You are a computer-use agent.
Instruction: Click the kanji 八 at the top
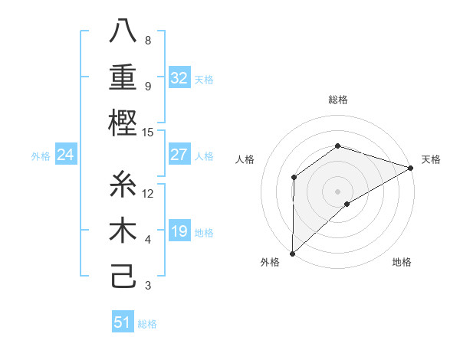(x=123, y=31)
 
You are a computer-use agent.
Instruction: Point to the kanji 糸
(x=123, y=185)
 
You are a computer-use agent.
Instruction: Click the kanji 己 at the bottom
(x=123, y=275)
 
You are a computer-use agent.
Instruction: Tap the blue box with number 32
(x=179, y=78)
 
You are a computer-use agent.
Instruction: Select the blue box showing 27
(x=179, y=155)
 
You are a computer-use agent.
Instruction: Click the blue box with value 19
(x=179, y=231)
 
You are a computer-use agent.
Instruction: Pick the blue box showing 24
(x=66, y=155)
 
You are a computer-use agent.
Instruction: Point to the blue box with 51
(x=123, y=322)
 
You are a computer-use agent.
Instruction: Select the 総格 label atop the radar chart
(x=337, y=100)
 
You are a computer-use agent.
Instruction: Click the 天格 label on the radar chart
(x=431, y=159)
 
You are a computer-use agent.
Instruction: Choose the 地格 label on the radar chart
(x=402, y=263)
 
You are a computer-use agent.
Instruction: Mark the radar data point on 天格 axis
(x=411, y=168)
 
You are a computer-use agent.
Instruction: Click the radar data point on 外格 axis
(x=292, y=253)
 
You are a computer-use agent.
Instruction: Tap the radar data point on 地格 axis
(x=347, y=204)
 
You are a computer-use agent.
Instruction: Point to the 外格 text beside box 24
(x=41, y=156)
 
